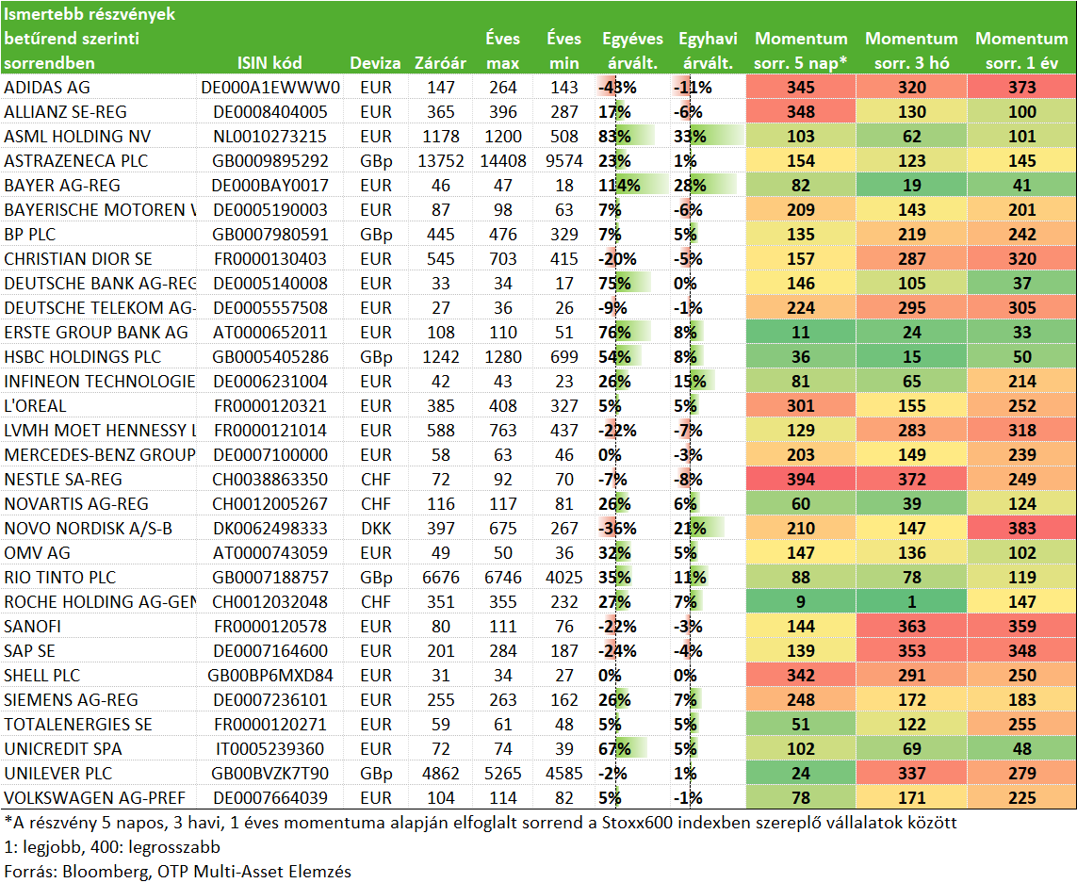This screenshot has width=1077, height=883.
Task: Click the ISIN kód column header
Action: click(269, 63)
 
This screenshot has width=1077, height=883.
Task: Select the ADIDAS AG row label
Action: click(47, 88)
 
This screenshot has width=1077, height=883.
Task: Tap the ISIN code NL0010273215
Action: click(269, 137)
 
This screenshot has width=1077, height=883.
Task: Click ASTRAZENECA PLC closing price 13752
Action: click(441, 161)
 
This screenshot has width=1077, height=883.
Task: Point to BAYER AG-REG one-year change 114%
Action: click(619, 186)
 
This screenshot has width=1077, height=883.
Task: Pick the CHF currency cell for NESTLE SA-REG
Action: click(376, 480)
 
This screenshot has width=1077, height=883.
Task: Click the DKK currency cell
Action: click(376, 529)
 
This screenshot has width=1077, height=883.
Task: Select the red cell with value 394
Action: click(801, 480)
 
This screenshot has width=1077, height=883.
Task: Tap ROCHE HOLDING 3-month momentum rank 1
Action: click(911, 602)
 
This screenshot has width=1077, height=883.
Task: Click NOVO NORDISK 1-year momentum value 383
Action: click(1022, 529)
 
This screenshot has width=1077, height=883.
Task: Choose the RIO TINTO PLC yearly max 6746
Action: click(503, 578)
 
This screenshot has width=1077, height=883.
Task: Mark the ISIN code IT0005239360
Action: click(269, 749)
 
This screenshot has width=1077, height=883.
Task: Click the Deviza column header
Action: click(375, 63)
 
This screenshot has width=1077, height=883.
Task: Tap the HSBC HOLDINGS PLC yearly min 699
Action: click(563, 357)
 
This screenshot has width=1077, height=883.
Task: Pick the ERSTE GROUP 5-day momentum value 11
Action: click(801, 333)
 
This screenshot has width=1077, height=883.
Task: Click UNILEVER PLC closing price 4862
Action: click(441, 774)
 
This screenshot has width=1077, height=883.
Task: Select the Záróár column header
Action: click(440, 63)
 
